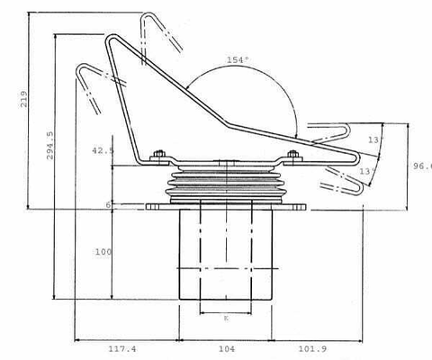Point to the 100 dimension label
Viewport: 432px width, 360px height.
coord(102,252)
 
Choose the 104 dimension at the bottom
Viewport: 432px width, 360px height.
coord(226,348)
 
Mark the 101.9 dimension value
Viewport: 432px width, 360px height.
coord(316,348)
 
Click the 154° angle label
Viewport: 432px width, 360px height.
coord(238,59)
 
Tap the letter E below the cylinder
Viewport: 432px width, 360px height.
coord(225,318)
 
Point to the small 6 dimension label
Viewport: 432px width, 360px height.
coord(108,204)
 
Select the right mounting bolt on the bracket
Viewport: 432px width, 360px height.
coord(292,157)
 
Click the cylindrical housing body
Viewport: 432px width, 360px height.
coord(225,256)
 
